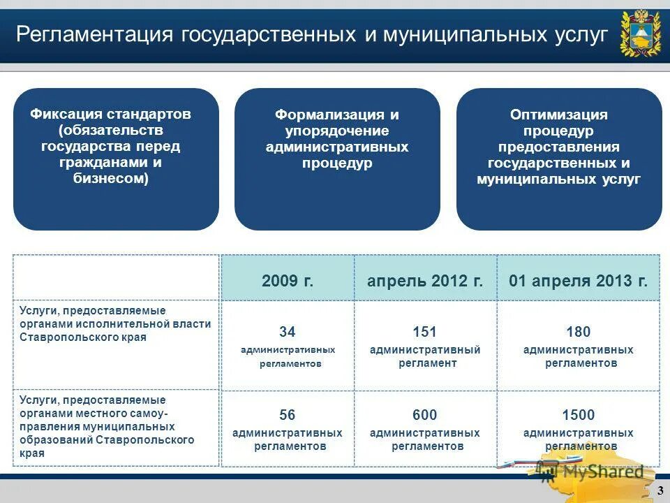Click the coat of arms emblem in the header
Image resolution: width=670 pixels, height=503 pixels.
point(639,33)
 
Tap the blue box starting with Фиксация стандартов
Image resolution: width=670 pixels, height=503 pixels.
point(116,159)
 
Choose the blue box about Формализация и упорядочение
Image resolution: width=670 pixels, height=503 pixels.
point(337,159)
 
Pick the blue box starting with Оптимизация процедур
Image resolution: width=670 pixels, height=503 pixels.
point(559,159)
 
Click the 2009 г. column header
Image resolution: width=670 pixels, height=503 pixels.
point(288,282)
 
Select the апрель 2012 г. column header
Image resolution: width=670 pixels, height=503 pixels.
point(425,282)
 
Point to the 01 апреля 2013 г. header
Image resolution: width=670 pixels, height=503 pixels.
point(578,282)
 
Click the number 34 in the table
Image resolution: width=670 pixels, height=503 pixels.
point(288,332)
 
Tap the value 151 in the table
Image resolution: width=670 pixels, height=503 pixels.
point(424,332)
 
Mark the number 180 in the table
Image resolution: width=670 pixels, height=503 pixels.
point(578,332)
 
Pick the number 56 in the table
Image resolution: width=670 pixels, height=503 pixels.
point(288,415)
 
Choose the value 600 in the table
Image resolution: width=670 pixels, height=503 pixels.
point(424,415)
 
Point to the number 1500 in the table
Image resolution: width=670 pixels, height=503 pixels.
point(578,415)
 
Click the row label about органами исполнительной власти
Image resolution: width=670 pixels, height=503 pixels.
point(115,324)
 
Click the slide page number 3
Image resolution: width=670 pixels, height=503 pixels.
point(660,492)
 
